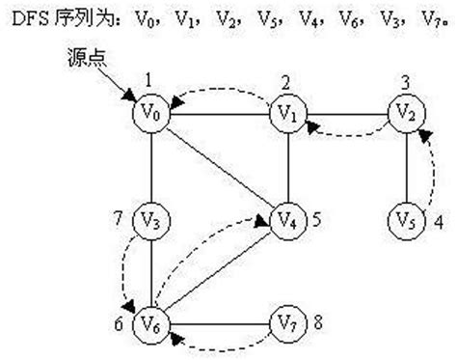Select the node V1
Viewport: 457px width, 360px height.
tap(286, 113)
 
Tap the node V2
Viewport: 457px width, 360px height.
tap(404, 113)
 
